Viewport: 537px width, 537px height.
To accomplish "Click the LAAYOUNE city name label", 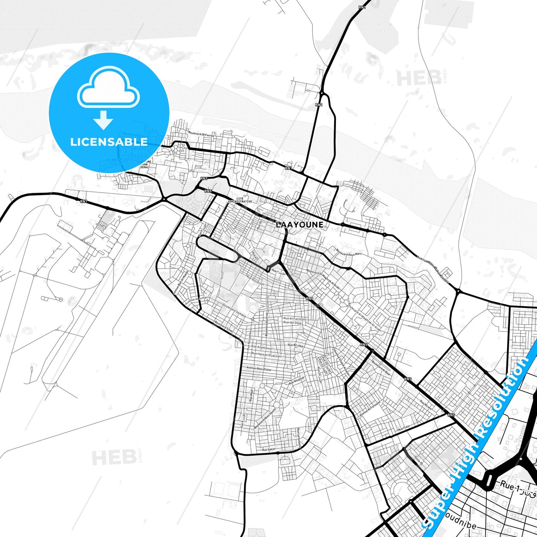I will pos(300,225).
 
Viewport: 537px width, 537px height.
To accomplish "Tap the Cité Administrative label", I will pos(240,200).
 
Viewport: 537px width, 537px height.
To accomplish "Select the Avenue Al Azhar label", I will pos(196,303).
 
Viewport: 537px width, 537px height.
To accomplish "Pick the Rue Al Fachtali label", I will pos(294,319).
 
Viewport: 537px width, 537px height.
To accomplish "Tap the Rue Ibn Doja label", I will pos(293,323).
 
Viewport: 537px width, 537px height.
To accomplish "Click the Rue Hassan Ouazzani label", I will pos(266,355).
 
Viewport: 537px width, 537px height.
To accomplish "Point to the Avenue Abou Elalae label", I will pos(259,369).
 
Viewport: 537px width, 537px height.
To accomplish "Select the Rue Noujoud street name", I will pos(296,381).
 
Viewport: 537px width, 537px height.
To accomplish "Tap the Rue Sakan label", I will pos(269,450).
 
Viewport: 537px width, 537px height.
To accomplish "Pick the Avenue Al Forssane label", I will pos(370,408).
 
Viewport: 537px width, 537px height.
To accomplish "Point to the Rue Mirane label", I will pos(426,405).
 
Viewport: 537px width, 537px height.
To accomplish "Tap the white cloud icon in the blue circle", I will pos(109,89).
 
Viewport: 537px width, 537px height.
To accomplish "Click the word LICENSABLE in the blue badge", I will pos(109,142).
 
